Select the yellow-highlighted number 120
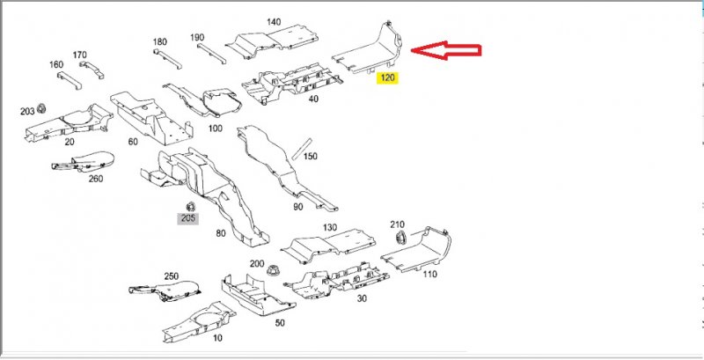[388, 78]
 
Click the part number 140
[273, 21]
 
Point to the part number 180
[159, 42]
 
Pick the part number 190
[197, 37]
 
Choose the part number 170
[80, 55]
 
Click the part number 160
[56, 65]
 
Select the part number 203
[27, 112]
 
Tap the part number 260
[96, 179]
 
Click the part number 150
[310, 157]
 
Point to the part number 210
[397, 224]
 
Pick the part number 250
[172, 276]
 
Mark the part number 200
[257, 264]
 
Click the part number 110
[429, 275]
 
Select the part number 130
[330, 228]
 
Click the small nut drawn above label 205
[187, 206]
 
